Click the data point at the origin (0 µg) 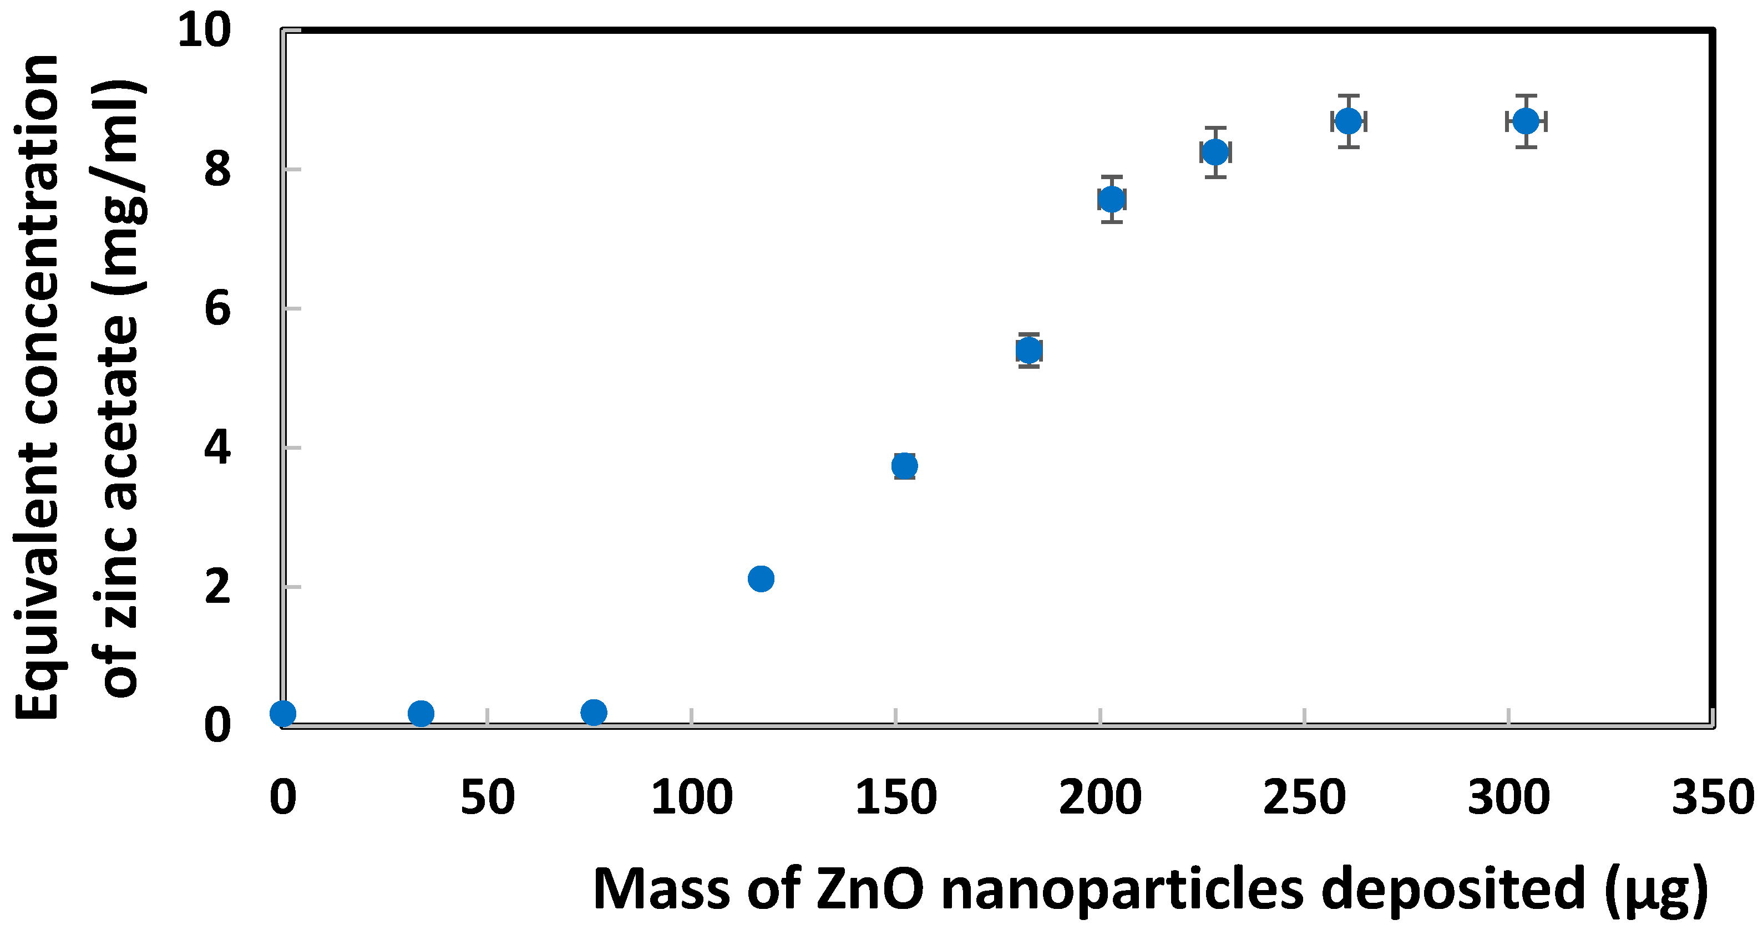pos(283,714)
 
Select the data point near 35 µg pos(421,714)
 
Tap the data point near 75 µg pos(594,713)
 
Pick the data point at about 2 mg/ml pos(761,578)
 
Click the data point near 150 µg pos(904,466)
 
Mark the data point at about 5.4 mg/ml pos(1029,350)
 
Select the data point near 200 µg pos(1112,200)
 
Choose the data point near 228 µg pos(1215,152)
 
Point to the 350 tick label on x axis pos(1713,797)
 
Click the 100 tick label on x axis pos(691,797)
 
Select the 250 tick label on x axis pos(1304,797)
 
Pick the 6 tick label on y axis pos(217,309)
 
